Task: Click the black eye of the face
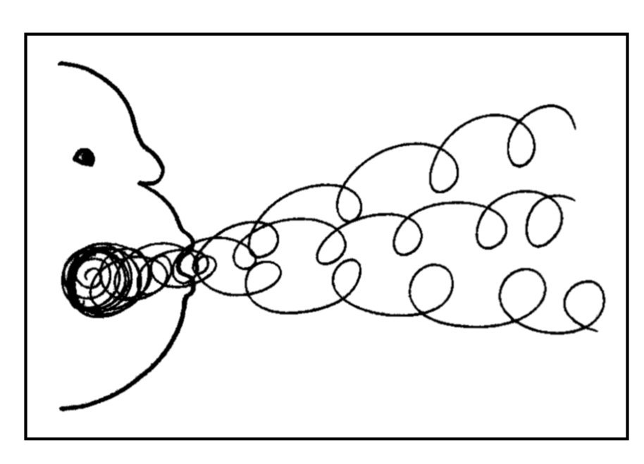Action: [x=85, y=157]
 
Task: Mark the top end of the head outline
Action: [x=61, y=64]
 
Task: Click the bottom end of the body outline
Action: [x=62, y=408]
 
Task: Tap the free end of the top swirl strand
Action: [x=574, y=128]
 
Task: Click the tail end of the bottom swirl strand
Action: [x=598, y=330]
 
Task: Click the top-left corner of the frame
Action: [x=26, y=35]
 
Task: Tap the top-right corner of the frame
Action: [x=626, y=35]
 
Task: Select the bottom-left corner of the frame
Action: [x=26, y=438]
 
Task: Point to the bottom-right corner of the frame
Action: [x=626, y=438]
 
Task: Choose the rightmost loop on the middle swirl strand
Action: [x=544, y=221]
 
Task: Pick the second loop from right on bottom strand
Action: [x=522, y=293]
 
